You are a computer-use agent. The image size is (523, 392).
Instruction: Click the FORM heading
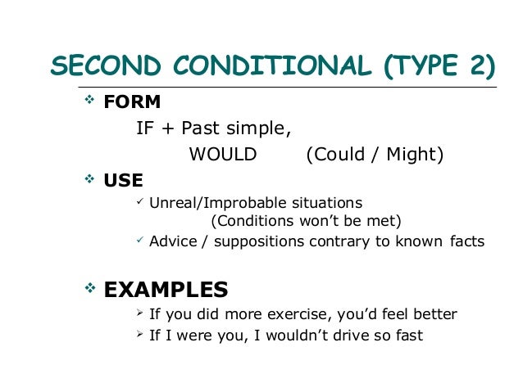tap(132, 103)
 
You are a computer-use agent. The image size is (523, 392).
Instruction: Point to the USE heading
tap(124, 180)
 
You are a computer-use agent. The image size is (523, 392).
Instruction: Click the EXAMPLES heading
tap(166, 289)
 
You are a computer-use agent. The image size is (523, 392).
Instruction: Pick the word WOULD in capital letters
tap(223, 155)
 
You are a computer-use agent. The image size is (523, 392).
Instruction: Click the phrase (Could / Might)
tap(374, 155)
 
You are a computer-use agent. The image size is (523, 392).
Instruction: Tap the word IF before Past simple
tap(145, 129)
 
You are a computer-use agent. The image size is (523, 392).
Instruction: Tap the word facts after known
tap(467, 241)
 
